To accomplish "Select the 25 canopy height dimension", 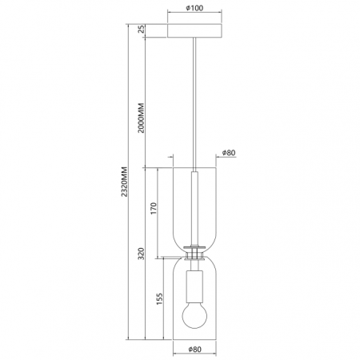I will pyautogui.click(x=142, y=30).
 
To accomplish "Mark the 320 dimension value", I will pyautogui.click(x=142, y=255).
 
